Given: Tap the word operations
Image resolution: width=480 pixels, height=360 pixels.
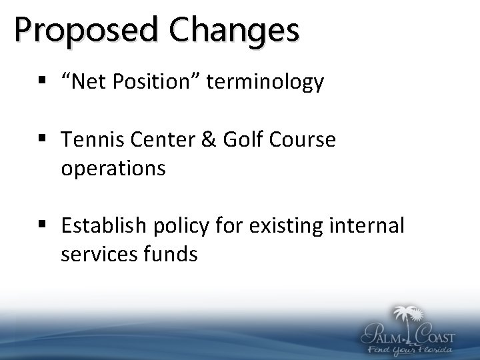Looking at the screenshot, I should [113, 169].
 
